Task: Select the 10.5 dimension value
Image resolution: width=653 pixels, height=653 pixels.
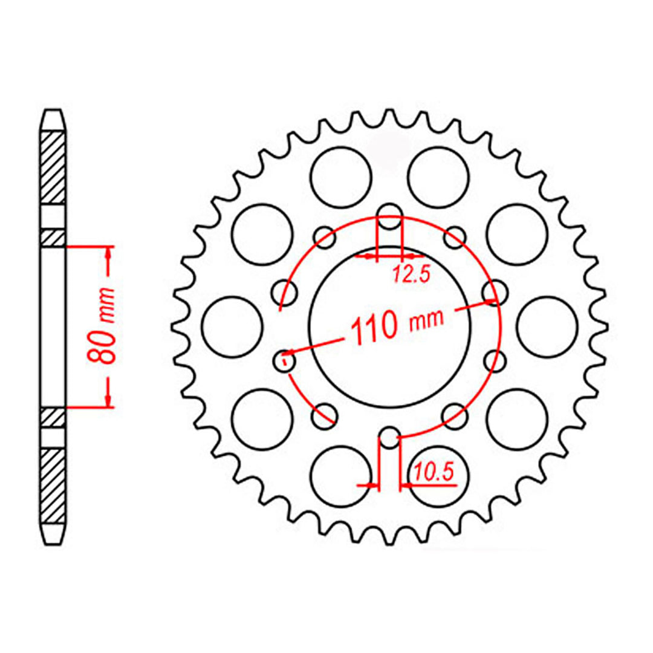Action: pos(434,470)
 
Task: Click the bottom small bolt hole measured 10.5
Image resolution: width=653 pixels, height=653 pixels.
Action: pos(390,439)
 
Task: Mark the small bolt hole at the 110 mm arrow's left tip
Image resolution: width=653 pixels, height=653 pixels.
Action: pos(284,361)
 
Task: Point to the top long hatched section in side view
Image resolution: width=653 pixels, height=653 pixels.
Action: pos(53,166)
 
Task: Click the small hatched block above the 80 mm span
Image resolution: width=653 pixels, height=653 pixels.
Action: pos(53,238)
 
